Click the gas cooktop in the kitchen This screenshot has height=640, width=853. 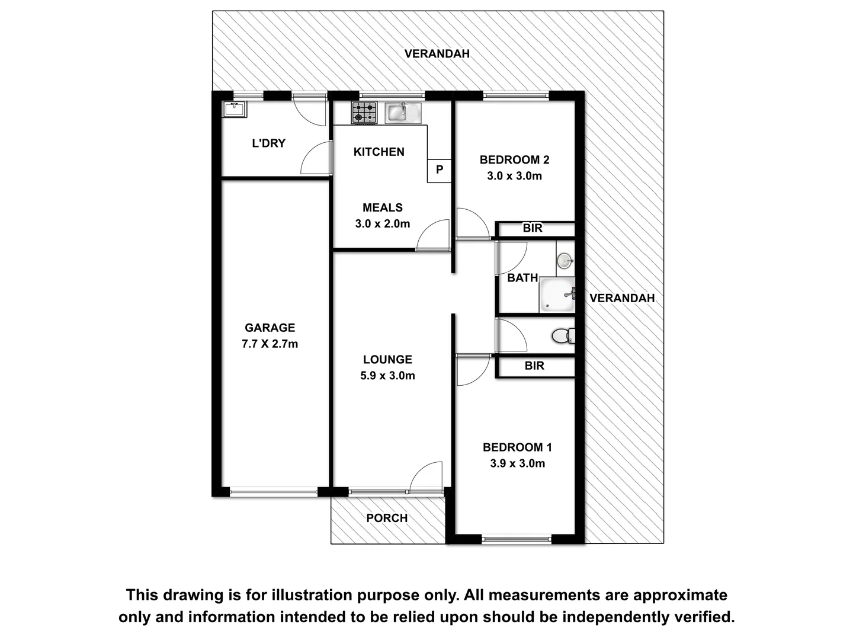coord(364,113)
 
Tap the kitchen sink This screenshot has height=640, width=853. coord(403,113)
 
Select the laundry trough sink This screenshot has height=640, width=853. coord(235,110)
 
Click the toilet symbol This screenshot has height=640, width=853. coord(563,336)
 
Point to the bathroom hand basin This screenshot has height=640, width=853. coord(565,260)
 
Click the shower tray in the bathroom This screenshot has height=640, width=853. coord(556,295)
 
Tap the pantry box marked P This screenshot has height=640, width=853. coord(440,170)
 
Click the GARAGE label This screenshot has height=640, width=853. coord(270,328)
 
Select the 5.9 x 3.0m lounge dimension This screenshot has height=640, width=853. coord(387,376)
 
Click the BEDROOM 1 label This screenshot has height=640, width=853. coord(517,447)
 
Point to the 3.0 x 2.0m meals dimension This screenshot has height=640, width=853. coord(382,224)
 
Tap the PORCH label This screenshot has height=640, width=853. coord(387,518)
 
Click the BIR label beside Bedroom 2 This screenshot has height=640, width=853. coord(533,228)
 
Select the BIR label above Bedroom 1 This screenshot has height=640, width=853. coord(534,366)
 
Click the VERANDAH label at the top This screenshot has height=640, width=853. coord(437,53)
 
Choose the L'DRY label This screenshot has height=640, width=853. coord(268,143)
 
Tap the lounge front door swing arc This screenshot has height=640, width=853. coord(425,477)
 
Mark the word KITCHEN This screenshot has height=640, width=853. coord(379,152)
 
